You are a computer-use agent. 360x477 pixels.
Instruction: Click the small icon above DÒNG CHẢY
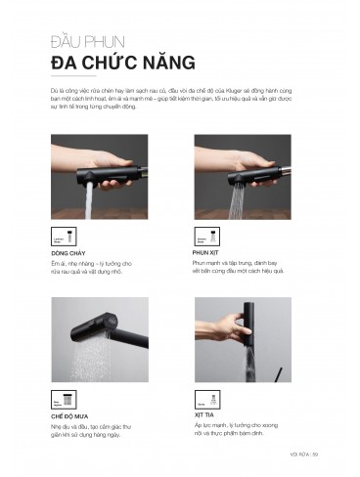(58, 237)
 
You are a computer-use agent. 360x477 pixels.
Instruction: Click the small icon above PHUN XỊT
(203, 237)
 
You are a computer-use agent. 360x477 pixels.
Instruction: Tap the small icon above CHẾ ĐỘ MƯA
(58, 399)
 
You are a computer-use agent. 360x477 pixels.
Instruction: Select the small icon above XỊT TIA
(203, 399)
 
